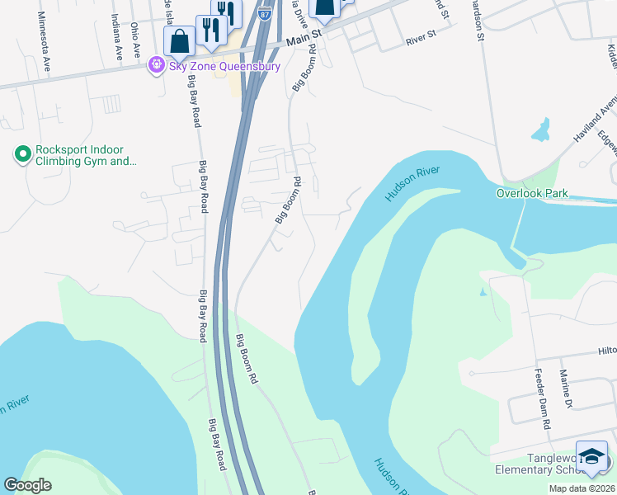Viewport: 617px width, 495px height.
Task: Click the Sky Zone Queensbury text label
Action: [225, 66]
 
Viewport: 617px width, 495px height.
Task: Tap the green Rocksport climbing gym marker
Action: [22, 154]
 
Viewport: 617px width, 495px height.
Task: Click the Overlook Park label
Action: [532, 193]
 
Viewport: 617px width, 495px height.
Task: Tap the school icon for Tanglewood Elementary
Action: [591, 457]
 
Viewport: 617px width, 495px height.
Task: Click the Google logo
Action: [27, 485]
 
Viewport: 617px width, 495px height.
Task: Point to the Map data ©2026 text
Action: [580, 488]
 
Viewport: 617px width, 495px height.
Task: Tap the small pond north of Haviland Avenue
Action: [541, 130]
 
